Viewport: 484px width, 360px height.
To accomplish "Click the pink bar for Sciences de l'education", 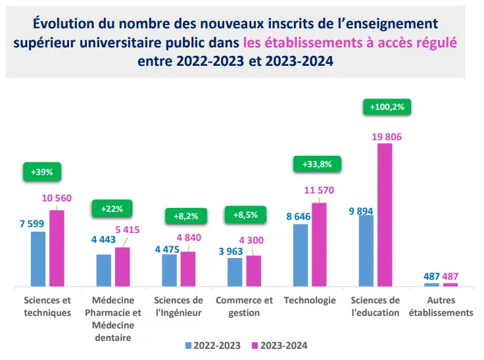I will (x=385, y=215).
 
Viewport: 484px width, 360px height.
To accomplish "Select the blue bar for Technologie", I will (x=301, y=255).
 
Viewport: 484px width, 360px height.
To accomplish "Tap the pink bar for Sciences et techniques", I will (x=57, y=248).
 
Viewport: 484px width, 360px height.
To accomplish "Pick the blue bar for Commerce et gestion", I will (x=235, y=272).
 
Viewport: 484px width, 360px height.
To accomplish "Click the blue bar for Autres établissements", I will (x=431, y=284).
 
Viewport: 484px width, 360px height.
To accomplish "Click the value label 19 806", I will (x=386, y=136).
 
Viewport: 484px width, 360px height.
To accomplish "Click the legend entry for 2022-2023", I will (x=213, y=345).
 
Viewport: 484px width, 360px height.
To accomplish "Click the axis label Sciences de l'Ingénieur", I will (x=178, y=306).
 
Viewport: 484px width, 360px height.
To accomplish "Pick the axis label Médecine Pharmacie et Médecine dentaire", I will (x=112, y=319).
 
